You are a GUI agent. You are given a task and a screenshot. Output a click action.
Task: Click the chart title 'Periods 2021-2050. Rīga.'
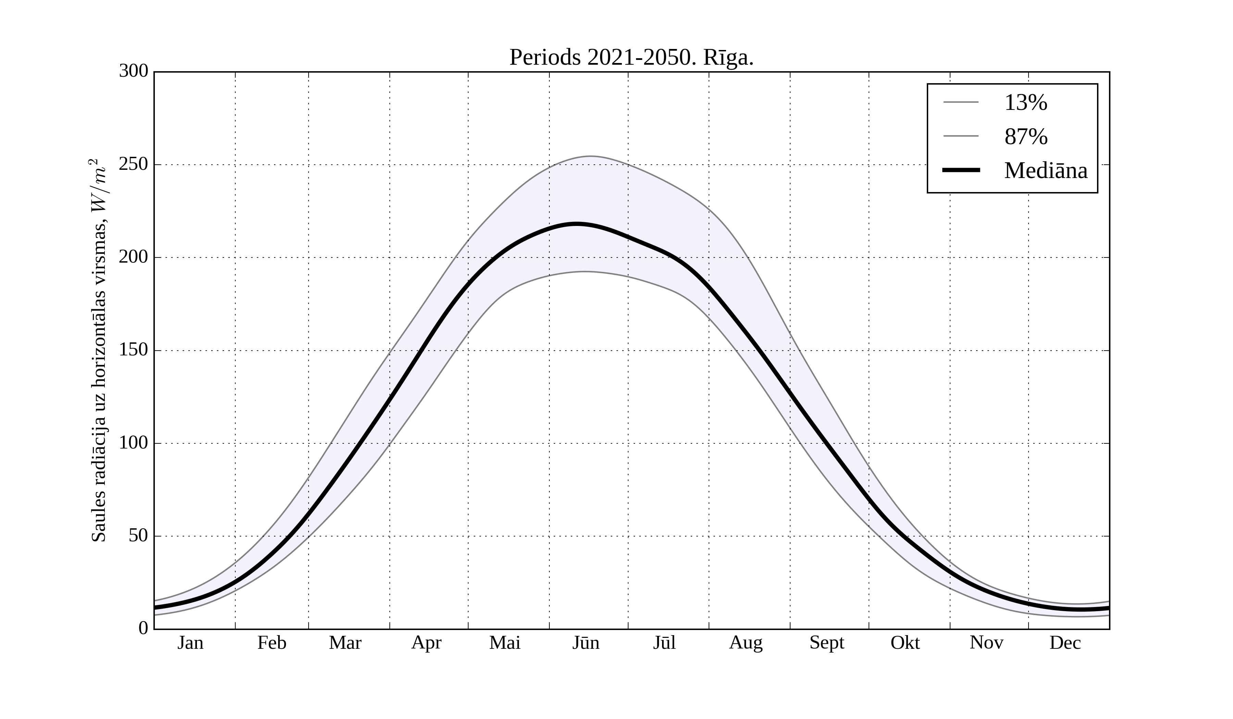(x=631, y=58)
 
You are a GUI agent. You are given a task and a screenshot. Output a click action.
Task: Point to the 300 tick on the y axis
(x=134, y=72)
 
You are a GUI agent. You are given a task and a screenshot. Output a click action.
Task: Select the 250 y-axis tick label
(x=134, y=164)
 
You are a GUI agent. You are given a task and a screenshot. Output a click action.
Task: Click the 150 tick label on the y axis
(x=134, y=350)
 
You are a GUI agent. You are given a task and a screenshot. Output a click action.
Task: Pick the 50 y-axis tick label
(x=138, y=536)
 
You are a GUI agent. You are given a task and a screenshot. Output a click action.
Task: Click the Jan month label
(x=190, y=643)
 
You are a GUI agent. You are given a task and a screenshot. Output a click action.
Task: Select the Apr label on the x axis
(x=426, y=643)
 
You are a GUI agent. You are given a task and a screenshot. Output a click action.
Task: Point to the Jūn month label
(x=586, y=643)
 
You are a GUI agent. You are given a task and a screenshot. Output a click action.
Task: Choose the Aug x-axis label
(x=746, y=643)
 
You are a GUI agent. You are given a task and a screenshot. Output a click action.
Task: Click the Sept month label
(x=827, y=643)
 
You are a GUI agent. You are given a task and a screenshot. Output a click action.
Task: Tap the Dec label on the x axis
(x=1065, y=643)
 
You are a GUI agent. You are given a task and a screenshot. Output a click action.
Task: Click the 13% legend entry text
(x=1025, y=103)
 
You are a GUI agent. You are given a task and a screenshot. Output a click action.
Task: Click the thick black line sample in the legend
(x=961, y=170)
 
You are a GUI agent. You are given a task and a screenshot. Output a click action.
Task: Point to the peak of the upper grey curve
(x=590, y=156)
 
